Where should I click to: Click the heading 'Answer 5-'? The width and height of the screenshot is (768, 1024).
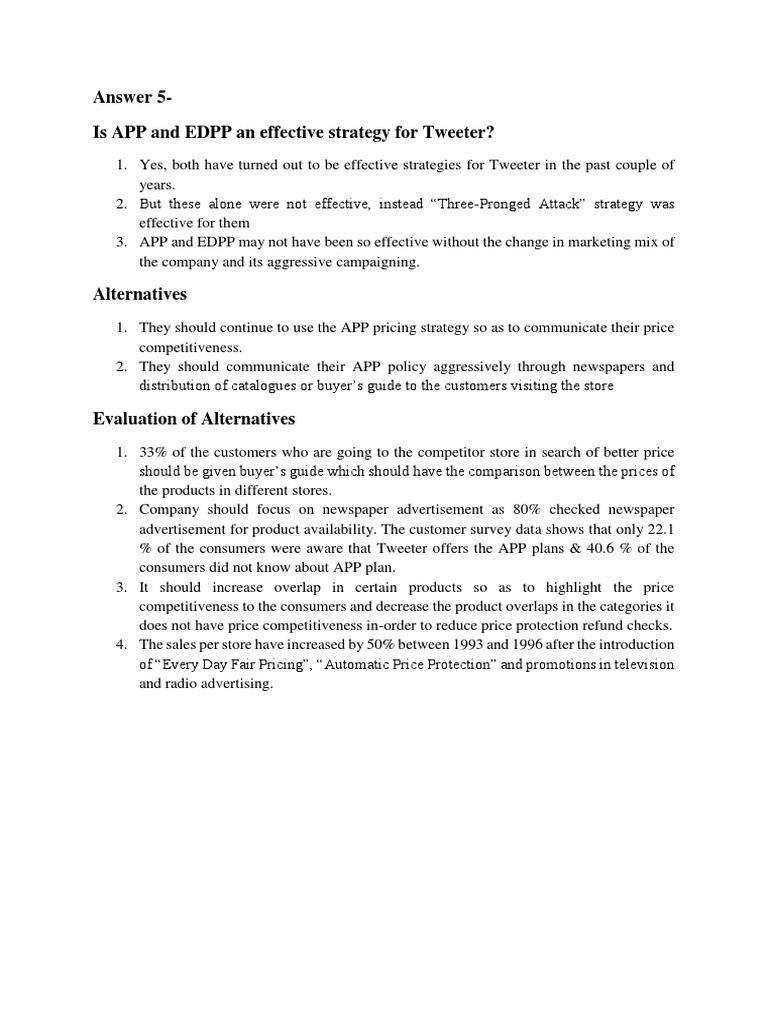(x=132, y=97)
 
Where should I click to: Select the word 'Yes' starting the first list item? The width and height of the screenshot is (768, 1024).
(x=152, y=164)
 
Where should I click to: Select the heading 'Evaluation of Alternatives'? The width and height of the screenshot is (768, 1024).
(x=194, y=418)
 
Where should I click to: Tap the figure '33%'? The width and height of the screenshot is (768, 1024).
(x=156, y=451)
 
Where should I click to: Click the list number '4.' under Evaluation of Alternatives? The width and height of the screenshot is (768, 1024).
(x=122, y=644)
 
